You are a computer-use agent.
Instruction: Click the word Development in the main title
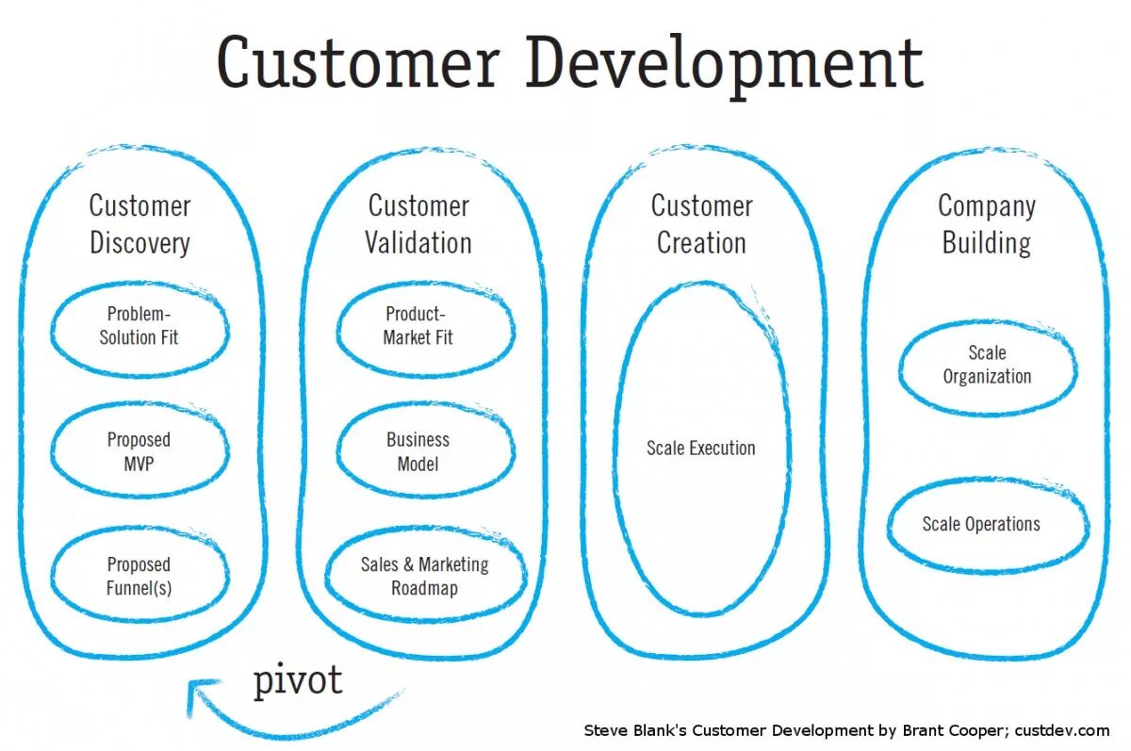(724, 65)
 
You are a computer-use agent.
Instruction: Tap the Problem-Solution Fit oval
(139, 326)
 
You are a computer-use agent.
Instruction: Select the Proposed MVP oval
(139, 451)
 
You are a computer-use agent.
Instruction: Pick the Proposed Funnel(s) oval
(139, 576)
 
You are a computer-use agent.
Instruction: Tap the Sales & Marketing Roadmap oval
(424, 576)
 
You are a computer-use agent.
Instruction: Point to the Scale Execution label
(700, 449)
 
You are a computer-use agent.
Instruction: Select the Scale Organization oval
(987, 365)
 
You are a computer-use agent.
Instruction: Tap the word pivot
(297, 680)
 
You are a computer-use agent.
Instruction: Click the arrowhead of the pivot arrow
(196, 693)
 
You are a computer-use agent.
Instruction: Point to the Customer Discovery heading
(139, 223)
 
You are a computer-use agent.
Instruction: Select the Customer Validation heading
(418, 223)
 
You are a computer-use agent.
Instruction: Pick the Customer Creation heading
(701, 223)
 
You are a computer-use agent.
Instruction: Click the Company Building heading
(987, 223)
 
